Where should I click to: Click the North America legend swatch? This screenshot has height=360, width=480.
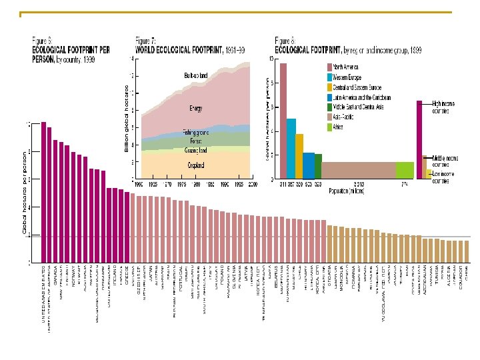[x=329, y=67]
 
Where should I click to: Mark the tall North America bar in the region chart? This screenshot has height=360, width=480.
[x=283, y=121]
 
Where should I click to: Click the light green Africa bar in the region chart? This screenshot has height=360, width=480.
[x=405, y=171]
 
